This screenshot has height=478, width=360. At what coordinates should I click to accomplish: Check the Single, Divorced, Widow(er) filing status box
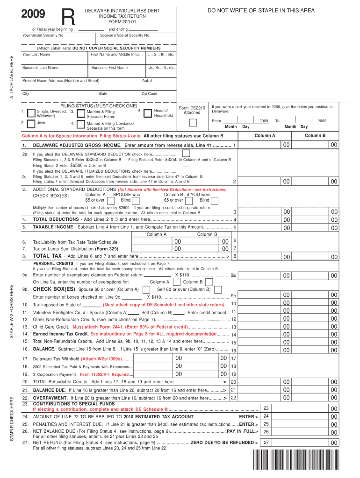pos(31,113)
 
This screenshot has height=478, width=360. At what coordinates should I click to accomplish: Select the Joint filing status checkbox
pos(31,124)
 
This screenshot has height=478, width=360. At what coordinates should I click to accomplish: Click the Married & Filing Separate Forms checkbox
pos(81,113)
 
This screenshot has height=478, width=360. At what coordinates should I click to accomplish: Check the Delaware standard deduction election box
pos(186,154)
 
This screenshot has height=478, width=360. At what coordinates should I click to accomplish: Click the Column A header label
pos(265,135)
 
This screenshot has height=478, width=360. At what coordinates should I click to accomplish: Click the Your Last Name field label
pos(36,55)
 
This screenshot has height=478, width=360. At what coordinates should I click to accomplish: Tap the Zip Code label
pos(149,94)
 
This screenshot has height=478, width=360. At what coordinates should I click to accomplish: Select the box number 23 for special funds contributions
pos(266,408)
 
